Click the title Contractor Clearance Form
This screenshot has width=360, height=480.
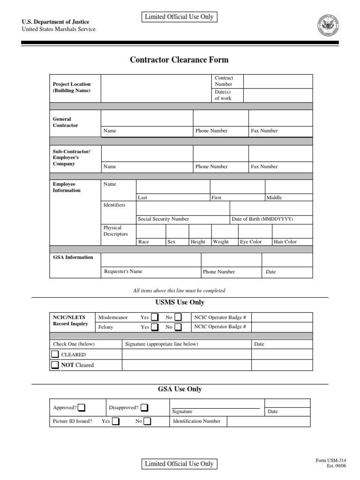pyautogui.click(x=179, y=60)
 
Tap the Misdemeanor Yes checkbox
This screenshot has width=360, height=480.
pyautogui.click(x=155, y=317)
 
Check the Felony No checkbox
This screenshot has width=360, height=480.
pyautogui.click(x=178, y=327)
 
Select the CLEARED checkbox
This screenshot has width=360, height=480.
pyautogui.click(x=55, y=354)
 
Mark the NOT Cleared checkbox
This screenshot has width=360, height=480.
pyautogui.click(x=55, y=365)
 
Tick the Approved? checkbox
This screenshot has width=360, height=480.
pyautogui.click(x=82, y=407)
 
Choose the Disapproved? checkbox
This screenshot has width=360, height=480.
pyautogui.click(x=145, y=407)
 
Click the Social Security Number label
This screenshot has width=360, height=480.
pyautogui.click(x=164, y=219)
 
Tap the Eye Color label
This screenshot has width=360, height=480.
pyautogui.click(x=251, y=242)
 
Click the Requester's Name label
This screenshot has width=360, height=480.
pyautogui.click(x=123, y=271)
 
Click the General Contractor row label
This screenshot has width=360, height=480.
pyautogui.click(x=66, y=122)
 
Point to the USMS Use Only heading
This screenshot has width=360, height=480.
pyautogui.click(x=180, y=302)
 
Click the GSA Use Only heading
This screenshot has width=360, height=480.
pyautogui.click(x=180, y=389)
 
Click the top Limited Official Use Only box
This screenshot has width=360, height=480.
pyautogui.click(x=179, y=17)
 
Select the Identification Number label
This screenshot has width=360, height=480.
pyautogui.click(x=197, y=421)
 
